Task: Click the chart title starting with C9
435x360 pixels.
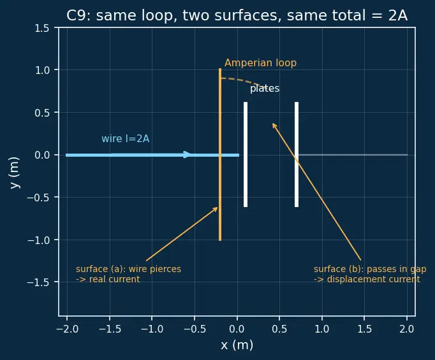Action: pyautogui.click(x=237, y=15)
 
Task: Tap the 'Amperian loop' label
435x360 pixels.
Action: pyautogui.click(x=260, y=63)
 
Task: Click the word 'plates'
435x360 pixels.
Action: pyautogui.click(x=265, y=89)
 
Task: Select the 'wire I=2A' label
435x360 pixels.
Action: pyautogui.click(x=126, y=138)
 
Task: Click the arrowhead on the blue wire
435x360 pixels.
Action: pyautogui.click(x=187, y=155)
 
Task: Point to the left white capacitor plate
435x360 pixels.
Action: pyautogui.click(x=246, y=154)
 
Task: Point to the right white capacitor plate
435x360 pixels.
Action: pyautogui.click(x=297, y=154)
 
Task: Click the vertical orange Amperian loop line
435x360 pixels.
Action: pyautogui.click(x=220, y=154)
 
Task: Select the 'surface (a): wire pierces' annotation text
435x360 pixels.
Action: pyautogui.click(x=128, y=269)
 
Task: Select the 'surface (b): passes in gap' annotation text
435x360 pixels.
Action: pyautogui.click(x=370, y=269)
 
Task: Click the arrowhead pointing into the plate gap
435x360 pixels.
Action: pyautogui.click(x=274, y=125)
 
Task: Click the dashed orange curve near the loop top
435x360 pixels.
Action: pyautogui.click(x=242, y=81)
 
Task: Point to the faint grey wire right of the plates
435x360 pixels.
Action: pyautogui.click(x=353, y=155)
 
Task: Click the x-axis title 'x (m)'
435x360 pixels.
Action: pyautogui.click(x=237, y=345)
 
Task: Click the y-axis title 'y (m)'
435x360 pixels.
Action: pyautogui.click(x=15, y=173)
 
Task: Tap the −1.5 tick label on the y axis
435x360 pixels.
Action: pyautogui.click(x=38, y=282)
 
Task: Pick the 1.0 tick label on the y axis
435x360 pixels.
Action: pyautogui.click(x=42, y=70)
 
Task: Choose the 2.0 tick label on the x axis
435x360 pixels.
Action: pyautogui.click(x=407, y=329)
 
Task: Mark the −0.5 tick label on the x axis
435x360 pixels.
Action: pyautogui.click(x=195, y=329)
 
